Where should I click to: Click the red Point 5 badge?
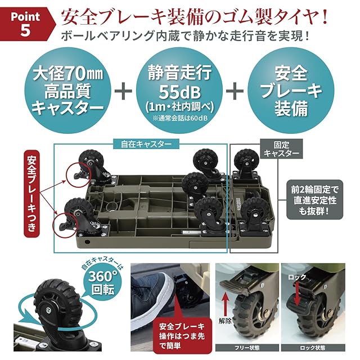tap(26, 24)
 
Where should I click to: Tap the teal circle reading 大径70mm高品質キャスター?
tap(67, 91)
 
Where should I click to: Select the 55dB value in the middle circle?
tap(179, 92)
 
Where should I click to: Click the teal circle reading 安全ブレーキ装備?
tap(291, 91)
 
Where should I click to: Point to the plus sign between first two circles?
tap(124, 91)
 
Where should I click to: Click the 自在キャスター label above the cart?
tap(146, 144)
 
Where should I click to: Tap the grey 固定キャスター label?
tap(281, 149)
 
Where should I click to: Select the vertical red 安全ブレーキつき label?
tap(31, 193)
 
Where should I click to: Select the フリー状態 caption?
tap(247, 348)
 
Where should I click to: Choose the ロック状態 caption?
tap(313, 348)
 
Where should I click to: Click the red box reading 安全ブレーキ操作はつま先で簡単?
tap(182, 335)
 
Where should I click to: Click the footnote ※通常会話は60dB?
tap(179, 118)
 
